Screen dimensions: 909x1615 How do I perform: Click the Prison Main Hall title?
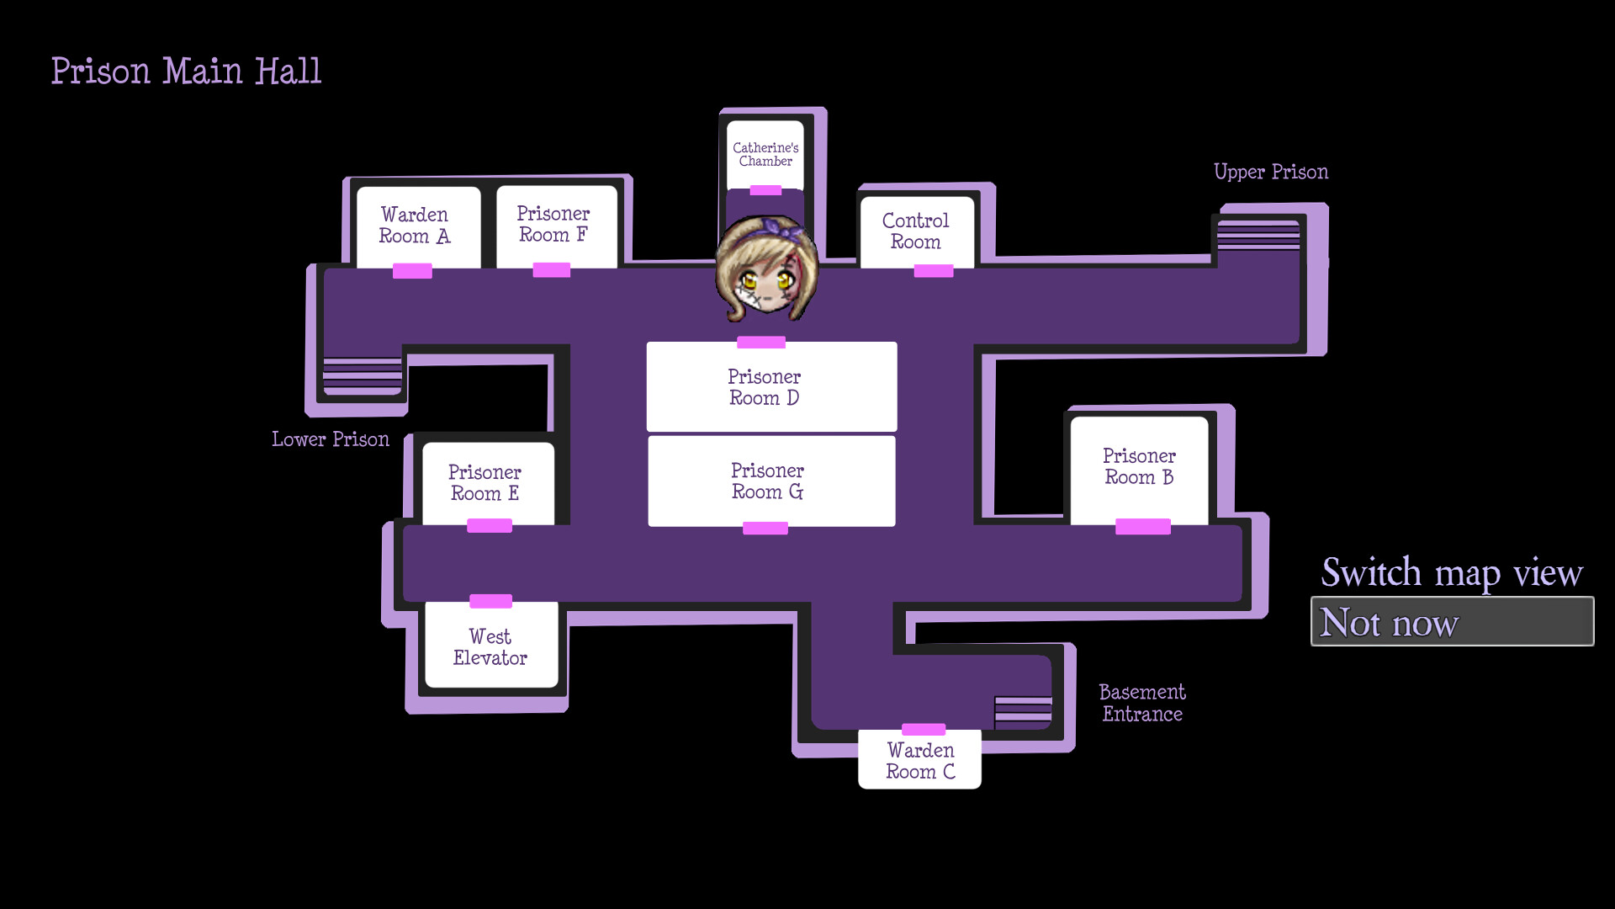point(186,72)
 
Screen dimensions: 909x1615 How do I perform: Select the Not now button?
point(1452,622)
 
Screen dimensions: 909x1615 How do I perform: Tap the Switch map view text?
point(1452,573)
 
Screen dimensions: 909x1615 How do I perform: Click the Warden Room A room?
point(415,226)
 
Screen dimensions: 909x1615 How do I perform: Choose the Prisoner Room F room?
point(553,225)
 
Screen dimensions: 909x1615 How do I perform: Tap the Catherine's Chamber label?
point(765,155)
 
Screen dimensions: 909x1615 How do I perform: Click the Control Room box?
point(916,231)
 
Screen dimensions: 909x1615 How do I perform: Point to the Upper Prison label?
point(1271,173)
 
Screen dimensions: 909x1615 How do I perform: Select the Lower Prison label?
point(331,439)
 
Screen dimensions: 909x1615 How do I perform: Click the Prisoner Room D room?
point(765,387)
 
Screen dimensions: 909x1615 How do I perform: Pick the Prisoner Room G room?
point(768,481)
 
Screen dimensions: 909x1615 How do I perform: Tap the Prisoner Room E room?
point(485,483)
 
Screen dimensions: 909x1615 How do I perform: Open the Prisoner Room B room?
point(1139,467)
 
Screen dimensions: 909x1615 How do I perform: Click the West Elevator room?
point(490,647)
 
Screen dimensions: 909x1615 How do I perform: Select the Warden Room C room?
point(920,761)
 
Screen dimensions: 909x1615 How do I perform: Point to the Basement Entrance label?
point(1142,704)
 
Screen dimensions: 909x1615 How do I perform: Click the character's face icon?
point(766,270)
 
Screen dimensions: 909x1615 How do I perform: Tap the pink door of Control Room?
point(934,271)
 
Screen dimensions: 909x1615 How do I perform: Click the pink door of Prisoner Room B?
point(1142,527)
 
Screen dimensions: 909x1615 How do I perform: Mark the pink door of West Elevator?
point(490,601)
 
